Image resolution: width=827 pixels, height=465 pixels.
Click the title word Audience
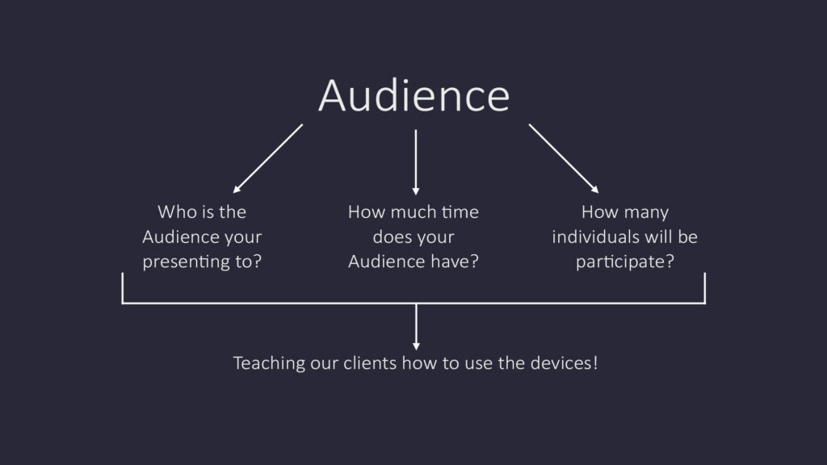(x=414, y=95)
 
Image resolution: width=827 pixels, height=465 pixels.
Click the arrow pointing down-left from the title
(x=268, y=159)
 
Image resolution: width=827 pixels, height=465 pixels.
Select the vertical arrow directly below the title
(x=416, y=162)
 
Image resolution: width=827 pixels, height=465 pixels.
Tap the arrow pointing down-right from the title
(x=564, y=159)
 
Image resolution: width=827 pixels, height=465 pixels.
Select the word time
(x=460, y=212)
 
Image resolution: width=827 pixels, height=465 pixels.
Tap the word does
(x=391, y=237)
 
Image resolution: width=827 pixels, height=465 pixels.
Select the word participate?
(x=625, y=262)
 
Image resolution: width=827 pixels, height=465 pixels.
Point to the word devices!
(x=564, y=362)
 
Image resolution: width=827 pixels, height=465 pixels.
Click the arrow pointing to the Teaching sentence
(x=416, y=327)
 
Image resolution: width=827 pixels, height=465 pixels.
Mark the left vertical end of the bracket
(x=123, y=288)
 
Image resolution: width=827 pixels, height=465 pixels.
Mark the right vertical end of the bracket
(x=704, y=288)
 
